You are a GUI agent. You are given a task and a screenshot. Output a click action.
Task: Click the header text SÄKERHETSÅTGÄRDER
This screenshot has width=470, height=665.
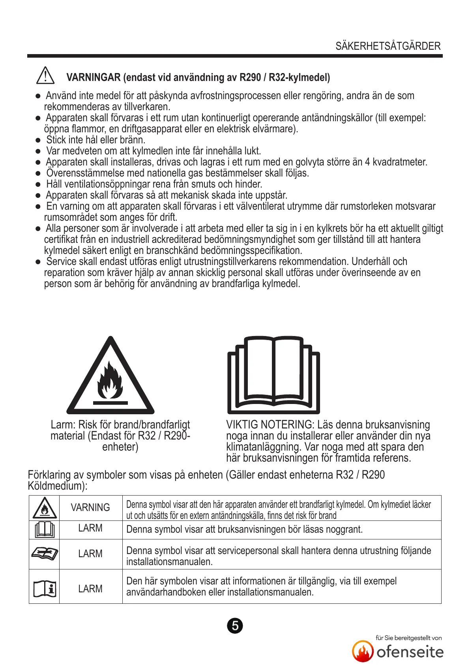point(388,46)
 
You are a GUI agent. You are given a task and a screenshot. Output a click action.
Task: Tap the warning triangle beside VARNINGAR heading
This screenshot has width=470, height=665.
point(45,75)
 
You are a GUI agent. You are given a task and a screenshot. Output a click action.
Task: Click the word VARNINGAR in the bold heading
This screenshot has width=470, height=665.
point(94,77)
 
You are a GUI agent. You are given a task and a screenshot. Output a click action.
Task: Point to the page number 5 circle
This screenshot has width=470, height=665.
point(235,626)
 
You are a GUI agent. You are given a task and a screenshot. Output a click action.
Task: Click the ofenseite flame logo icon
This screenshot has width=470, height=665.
point(363,651)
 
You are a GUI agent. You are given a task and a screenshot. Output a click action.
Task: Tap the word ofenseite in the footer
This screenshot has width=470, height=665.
point(410,652)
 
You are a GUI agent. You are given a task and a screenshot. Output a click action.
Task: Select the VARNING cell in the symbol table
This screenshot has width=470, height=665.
point(90,507)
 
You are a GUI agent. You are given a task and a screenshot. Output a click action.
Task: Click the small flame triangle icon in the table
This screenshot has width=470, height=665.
point(44,508)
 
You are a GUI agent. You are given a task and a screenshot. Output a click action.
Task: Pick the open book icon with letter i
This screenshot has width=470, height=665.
point(44,588)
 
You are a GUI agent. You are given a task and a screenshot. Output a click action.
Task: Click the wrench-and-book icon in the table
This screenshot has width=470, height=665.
point(44,553)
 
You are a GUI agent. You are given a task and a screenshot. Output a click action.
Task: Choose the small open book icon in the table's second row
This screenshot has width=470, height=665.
point(44,530)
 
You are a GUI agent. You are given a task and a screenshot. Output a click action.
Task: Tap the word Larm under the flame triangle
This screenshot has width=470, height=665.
point(63,425)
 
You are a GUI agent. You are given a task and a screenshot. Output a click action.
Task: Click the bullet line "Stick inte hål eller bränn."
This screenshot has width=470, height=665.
point(95,140)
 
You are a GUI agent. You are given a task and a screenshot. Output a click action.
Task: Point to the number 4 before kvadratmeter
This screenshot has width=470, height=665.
point(367,162)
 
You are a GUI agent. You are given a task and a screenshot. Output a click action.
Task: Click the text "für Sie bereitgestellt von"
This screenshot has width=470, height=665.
point(408,638)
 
